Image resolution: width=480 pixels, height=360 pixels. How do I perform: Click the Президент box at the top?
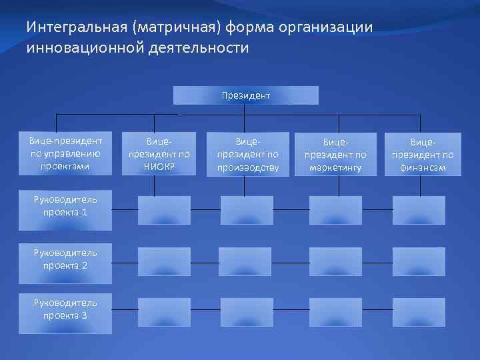pos(246,95)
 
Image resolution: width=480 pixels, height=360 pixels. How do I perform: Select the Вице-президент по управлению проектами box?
pos(65,153)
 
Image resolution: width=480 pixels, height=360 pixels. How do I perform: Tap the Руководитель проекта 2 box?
pos(65,259)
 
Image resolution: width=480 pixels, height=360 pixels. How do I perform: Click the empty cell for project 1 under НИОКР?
pos(164,210)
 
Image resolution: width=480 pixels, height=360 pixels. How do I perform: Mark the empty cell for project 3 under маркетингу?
pos(335,311)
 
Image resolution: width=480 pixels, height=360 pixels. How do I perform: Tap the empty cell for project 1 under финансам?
pos(419,210)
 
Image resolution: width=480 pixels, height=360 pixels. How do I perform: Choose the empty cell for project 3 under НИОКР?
pos(164,311)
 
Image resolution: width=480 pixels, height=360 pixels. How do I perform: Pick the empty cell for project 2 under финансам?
pos(419,261)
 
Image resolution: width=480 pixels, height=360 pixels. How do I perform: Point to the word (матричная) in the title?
pos(177,28)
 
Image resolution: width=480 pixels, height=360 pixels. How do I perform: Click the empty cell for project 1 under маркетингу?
pos(335,210)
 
